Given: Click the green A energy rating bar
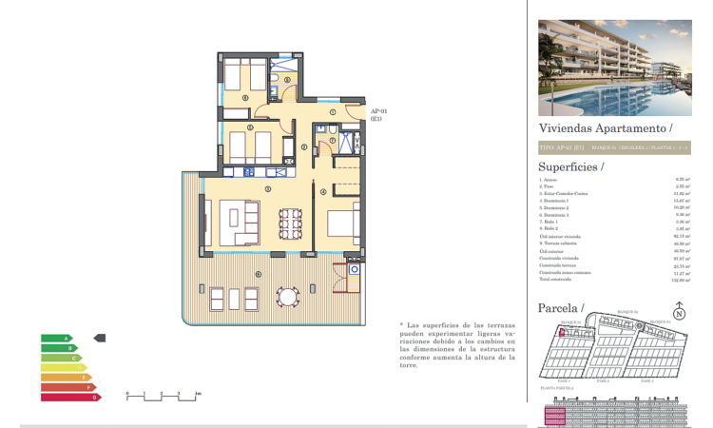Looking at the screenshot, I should pos(55,338).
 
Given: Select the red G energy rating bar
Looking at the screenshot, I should pos(69,397).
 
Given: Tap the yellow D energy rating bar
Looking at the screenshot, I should pos(62,367).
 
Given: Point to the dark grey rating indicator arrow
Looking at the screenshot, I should pos(101,338).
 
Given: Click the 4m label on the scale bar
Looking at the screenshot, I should pos(197,392).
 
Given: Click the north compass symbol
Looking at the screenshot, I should pos(678,313).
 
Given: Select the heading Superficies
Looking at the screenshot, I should pos(570,166).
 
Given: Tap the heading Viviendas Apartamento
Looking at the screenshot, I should pos(605,126).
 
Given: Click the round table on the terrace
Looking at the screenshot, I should pos(285,295).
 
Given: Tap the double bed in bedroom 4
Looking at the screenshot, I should pos(342,224).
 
